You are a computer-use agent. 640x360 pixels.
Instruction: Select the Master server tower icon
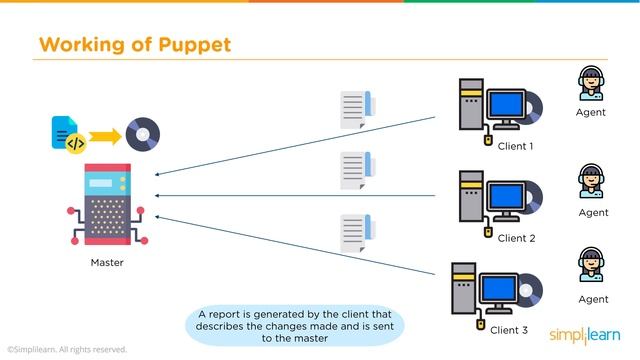click(x=107, y=206)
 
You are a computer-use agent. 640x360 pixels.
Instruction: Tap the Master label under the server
click(x=107, y=263)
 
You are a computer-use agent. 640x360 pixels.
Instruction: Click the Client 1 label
click(x=516, y=146)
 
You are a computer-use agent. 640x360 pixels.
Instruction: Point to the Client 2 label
click(x=517, y=238)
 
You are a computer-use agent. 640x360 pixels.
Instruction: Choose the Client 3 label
click(x=509, y=329)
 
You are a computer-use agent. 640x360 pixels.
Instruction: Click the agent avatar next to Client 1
click(x=592, y=84)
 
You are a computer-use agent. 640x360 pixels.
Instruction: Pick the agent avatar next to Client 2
click(x=592, y=182)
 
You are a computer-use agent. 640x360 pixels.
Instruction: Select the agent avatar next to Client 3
click(x=592, y=266)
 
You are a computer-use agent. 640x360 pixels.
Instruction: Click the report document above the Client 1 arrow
click(x=356, y=110)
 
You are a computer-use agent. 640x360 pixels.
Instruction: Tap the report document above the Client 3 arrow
click(x=356, y=233)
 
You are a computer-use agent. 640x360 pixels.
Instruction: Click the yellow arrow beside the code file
click(x=103, y=134)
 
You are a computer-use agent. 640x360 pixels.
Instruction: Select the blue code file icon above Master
click(x=68, y=133)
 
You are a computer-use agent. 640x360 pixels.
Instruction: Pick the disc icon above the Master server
click(x=142, y=133)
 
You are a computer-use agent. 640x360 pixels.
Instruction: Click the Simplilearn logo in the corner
click(x=585, y=335)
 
